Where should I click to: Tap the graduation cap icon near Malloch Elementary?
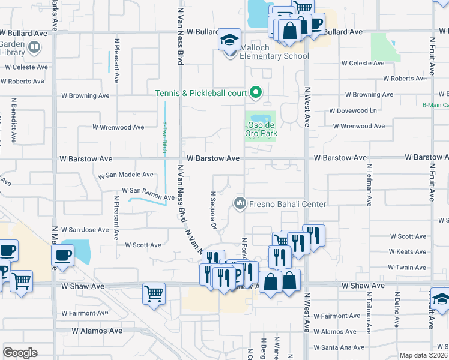pyautogui.click(x=229, y=40)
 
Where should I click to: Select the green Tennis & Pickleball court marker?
pyautogui.click(x=256, y=92)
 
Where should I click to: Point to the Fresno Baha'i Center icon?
pyautogui.click(x=240, y=203)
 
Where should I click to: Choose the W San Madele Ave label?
pyautogui.click(x=126, y=175)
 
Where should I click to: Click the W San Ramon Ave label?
pyautogui.click(x=148, y=191)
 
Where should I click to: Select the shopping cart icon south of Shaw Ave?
pyautogui.click(x=154, y=294)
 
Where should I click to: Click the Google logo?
pyautogui.click(x=20, y=353)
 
